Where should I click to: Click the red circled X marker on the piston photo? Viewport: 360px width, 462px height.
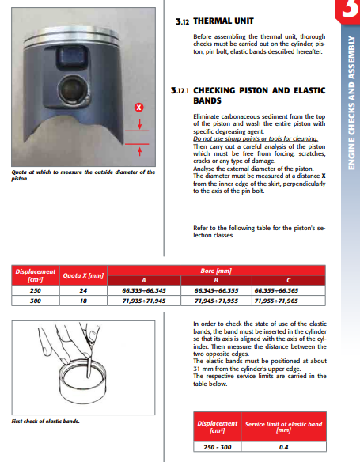pyautogui.click(x=138, y=108)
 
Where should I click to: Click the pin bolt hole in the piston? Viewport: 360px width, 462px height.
pyautogui.click(x=72, y=88)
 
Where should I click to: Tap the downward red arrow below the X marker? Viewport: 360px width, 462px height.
pyautogui.click(x=139, y=124)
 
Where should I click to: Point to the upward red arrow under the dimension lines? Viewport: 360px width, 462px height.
pyautogui.click(x=139, y=151)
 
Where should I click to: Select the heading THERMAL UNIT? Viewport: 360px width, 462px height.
pyautogui.click(x=223, y=21)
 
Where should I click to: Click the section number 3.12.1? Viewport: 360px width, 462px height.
pyautogui.click(x=180, y=90)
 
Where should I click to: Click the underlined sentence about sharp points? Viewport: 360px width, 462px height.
pyautogui.click(x=256, y=138)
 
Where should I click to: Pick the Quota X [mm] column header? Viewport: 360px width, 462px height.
pyautogui.click(x=83, y=275)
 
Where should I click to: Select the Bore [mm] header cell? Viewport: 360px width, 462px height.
pyautogui.click(x=216, y=271)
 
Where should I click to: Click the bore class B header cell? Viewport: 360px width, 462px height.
pyautogui.click(x=216, y=280)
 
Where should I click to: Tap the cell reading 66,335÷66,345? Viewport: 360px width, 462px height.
pyautogui.click(x=144, y=290)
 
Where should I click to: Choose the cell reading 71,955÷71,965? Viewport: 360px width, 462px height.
pyautogui.click(x=276, y=301)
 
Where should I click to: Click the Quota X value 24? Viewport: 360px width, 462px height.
pyautogui.click(x=83, y=290)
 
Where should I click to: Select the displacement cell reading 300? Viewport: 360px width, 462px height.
pyautogui.click(x=36, y=301)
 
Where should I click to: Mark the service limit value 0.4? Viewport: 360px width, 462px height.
pyautogui.click(x=284, y=447)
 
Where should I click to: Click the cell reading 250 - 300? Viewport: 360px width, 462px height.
pyautogui.click(x=218, y=447)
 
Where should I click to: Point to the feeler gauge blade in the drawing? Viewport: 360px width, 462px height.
pyautogui.click(x=89, y=364)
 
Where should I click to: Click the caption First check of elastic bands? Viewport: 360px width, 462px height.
pyautogui.click(x=45, y=422)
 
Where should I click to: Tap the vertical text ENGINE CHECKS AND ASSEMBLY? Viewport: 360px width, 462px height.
pyautogui.click(x=351, y=103)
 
